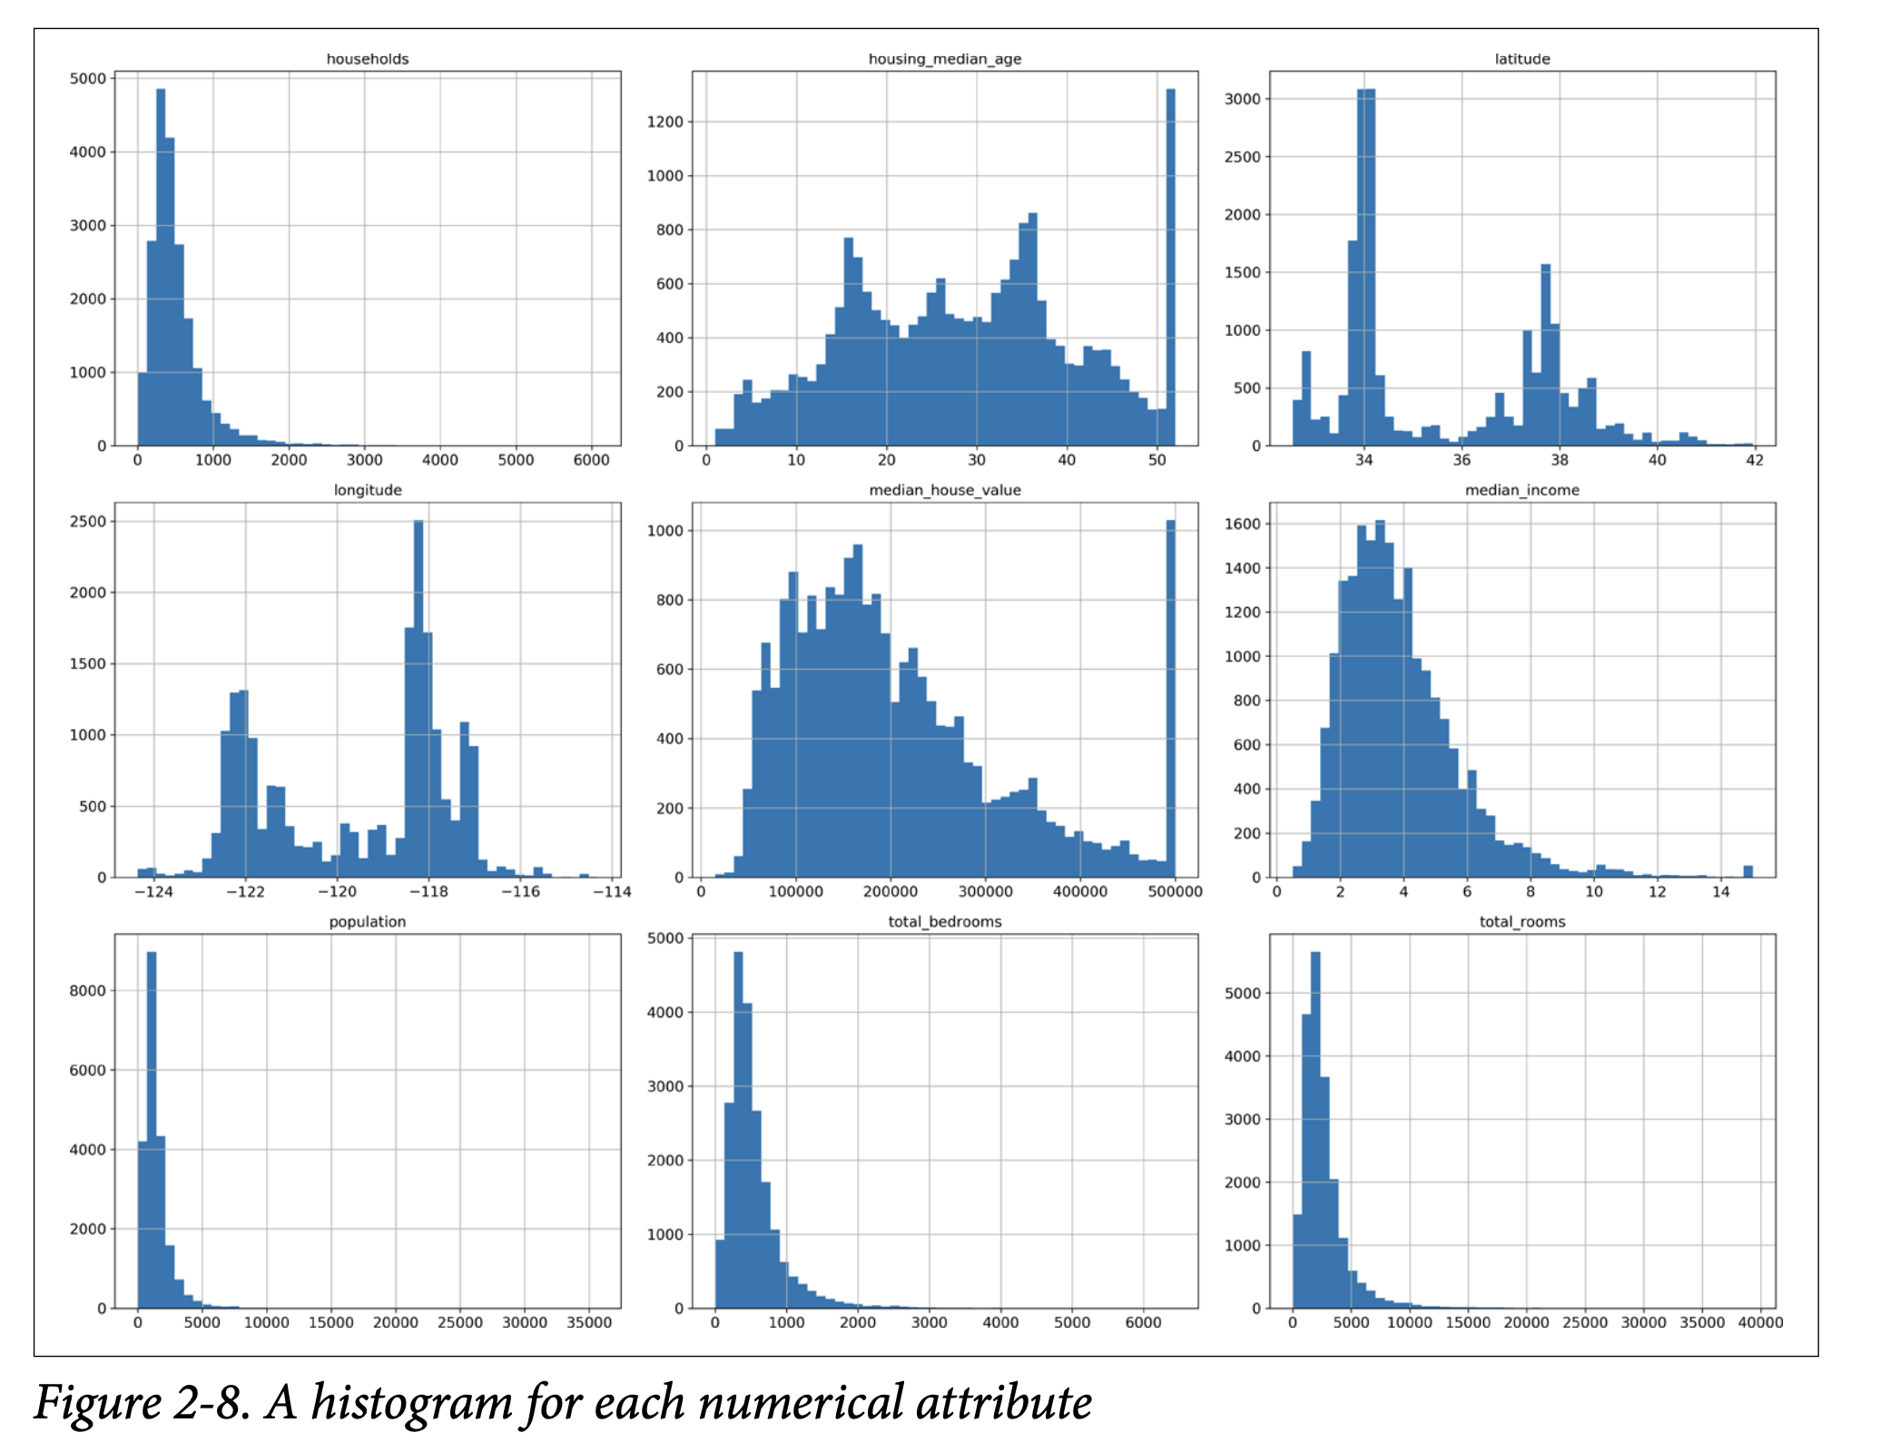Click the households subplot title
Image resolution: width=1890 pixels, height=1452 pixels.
367,59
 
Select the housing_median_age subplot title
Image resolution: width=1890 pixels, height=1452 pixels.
944,59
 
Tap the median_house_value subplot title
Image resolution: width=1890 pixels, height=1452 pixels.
944,490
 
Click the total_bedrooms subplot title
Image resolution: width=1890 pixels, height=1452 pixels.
944,921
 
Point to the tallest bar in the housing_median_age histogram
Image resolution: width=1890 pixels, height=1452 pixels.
1170,272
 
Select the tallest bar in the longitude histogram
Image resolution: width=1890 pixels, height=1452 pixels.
418,699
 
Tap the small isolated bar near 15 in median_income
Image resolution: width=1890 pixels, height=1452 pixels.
1747,871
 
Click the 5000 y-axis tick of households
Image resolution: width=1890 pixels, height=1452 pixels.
87,79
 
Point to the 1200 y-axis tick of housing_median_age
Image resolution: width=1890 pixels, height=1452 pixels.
664,122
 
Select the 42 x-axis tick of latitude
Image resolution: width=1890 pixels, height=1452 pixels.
1755,460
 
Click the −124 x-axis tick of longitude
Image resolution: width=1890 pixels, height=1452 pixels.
153,892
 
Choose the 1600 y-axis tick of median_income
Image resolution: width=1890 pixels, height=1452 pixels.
1242,524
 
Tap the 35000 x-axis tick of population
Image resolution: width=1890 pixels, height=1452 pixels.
589,1323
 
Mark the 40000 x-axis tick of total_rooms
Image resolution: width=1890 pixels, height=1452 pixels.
1760,1323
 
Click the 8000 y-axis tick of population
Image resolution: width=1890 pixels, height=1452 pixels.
87,991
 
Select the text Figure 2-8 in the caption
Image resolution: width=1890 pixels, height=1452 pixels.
141,1403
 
